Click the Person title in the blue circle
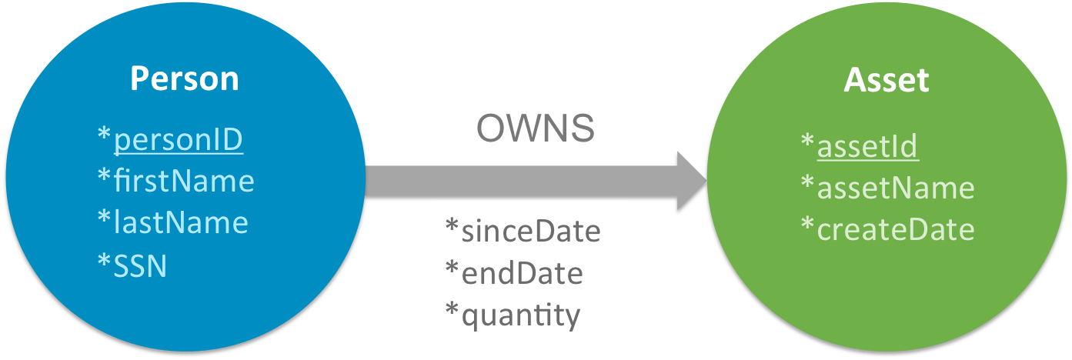[184, 79]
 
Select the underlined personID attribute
[178, 140]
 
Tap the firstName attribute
[183, 182]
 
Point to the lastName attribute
[180, 222]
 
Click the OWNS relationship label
[536, 129]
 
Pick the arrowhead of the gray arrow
[691, 180]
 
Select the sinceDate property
[530, 231]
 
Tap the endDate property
[521, 273]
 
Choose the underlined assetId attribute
[867, 146]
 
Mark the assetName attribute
[895, 188]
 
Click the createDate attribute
[895, 229]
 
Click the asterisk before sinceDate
[453, 227]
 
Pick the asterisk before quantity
[453, 311]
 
